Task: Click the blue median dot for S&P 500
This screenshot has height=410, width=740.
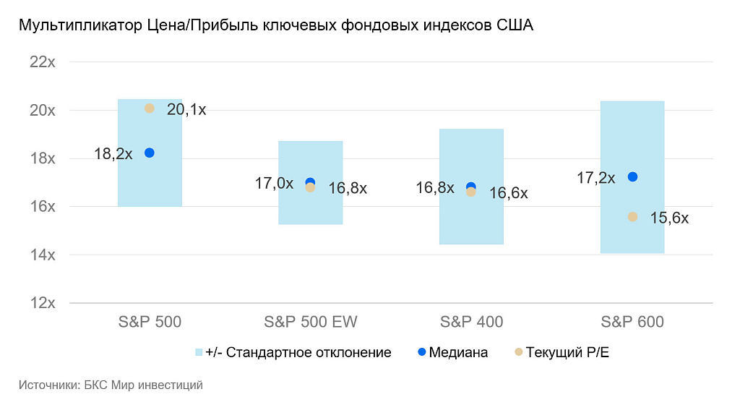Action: (x=150, y=153)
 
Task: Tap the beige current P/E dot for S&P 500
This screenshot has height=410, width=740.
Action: (x=150, y=108)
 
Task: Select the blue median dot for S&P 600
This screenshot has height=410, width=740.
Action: (x=632, y=176)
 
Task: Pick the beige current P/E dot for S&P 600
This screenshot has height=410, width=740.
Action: (x=632, y=216)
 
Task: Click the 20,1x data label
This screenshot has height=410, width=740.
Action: (x=186, y=110)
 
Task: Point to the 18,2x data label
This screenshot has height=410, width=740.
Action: (x=113, y=153)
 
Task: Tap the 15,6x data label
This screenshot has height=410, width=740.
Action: (x=669, y=218)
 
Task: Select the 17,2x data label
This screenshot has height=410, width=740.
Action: (x=596, y=177)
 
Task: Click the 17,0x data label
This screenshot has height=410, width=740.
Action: (x=274, y=184)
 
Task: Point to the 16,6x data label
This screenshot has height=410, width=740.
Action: (x=508, y=193)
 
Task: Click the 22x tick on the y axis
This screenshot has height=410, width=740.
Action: (x=43, y=62)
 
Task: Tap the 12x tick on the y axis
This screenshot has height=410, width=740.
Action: (x=43, y=303)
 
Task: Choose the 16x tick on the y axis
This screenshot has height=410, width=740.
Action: (x=43, y=207)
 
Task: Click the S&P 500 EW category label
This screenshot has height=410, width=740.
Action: (x=311, y=322)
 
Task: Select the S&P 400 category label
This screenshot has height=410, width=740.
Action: (x=471, y=322)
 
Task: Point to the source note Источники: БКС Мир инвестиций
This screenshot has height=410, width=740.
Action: (x=111, y=385)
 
